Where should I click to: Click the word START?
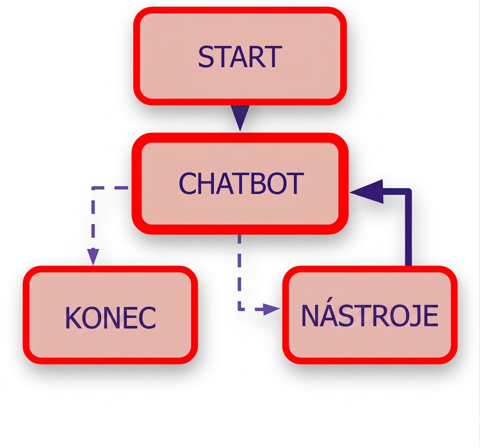coord(240,57)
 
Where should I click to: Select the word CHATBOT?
coord(241,183)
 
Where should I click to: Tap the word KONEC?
coord(111,318)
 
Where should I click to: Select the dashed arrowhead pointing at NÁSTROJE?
coord(271,309)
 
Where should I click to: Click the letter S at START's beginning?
coord(205,57)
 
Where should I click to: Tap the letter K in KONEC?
coord(73,318)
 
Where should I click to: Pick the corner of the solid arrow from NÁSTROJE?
coord(408,192)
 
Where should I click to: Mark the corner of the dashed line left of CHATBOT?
coord(94,188)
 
